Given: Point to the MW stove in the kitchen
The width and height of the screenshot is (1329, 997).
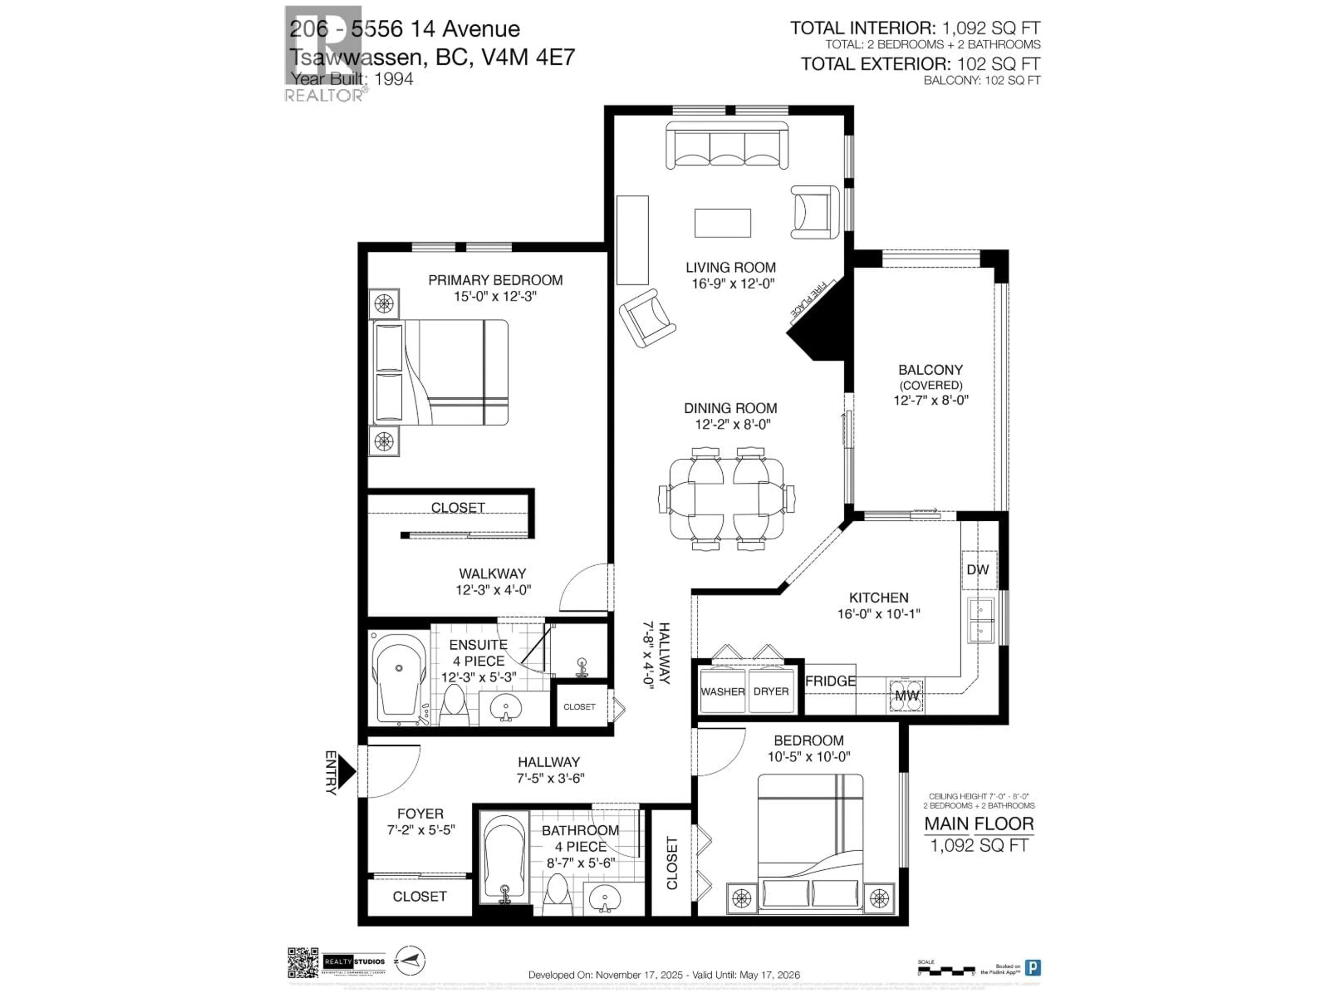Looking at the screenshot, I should pos(906,695).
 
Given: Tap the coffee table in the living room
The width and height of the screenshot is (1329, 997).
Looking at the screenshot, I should pos(722,223).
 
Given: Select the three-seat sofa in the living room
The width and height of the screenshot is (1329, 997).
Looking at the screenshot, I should pos(727,145).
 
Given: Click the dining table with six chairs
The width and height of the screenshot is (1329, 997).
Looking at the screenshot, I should pos(727,499).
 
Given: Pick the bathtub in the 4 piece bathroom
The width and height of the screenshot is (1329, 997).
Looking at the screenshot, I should pos(506,859).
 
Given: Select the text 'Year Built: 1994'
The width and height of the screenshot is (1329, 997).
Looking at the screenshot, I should pos(352,79).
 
